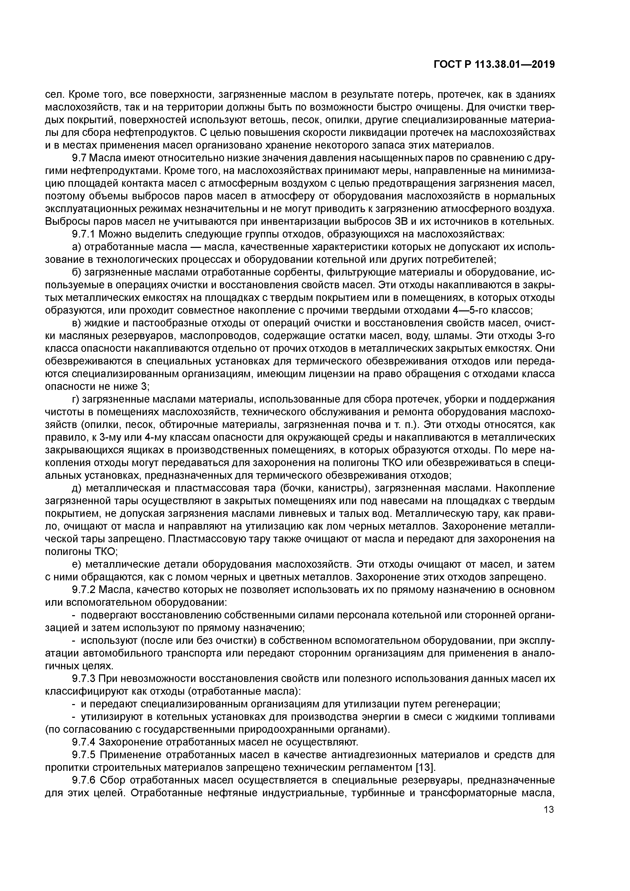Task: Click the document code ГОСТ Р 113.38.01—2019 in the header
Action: (494, 65)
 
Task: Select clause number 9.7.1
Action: (84, 234)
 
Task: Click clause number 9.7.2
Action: (84, 590)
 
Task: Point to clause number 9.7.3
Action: (84, 679)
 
